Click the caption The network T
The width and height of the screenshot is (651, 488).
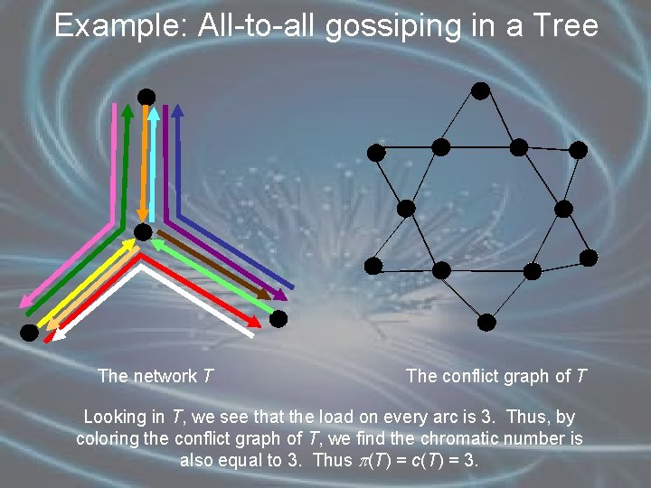156,376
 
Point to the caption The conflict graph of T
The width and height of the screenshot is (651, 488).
496,376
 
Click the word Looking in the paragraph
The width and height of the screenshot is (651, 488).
118,418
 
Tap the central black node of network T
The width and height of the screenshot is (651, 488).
143,233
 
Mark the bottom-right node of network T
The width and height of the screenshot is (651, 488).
278,318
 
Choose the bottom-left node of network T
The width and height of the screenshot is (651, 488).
29,333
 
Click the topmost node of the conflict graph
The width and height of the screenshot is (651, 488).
481,90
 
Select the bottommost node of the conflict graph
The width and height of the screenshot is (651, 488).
486,321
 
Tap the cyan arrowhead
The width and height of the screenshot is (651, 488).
155,114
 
